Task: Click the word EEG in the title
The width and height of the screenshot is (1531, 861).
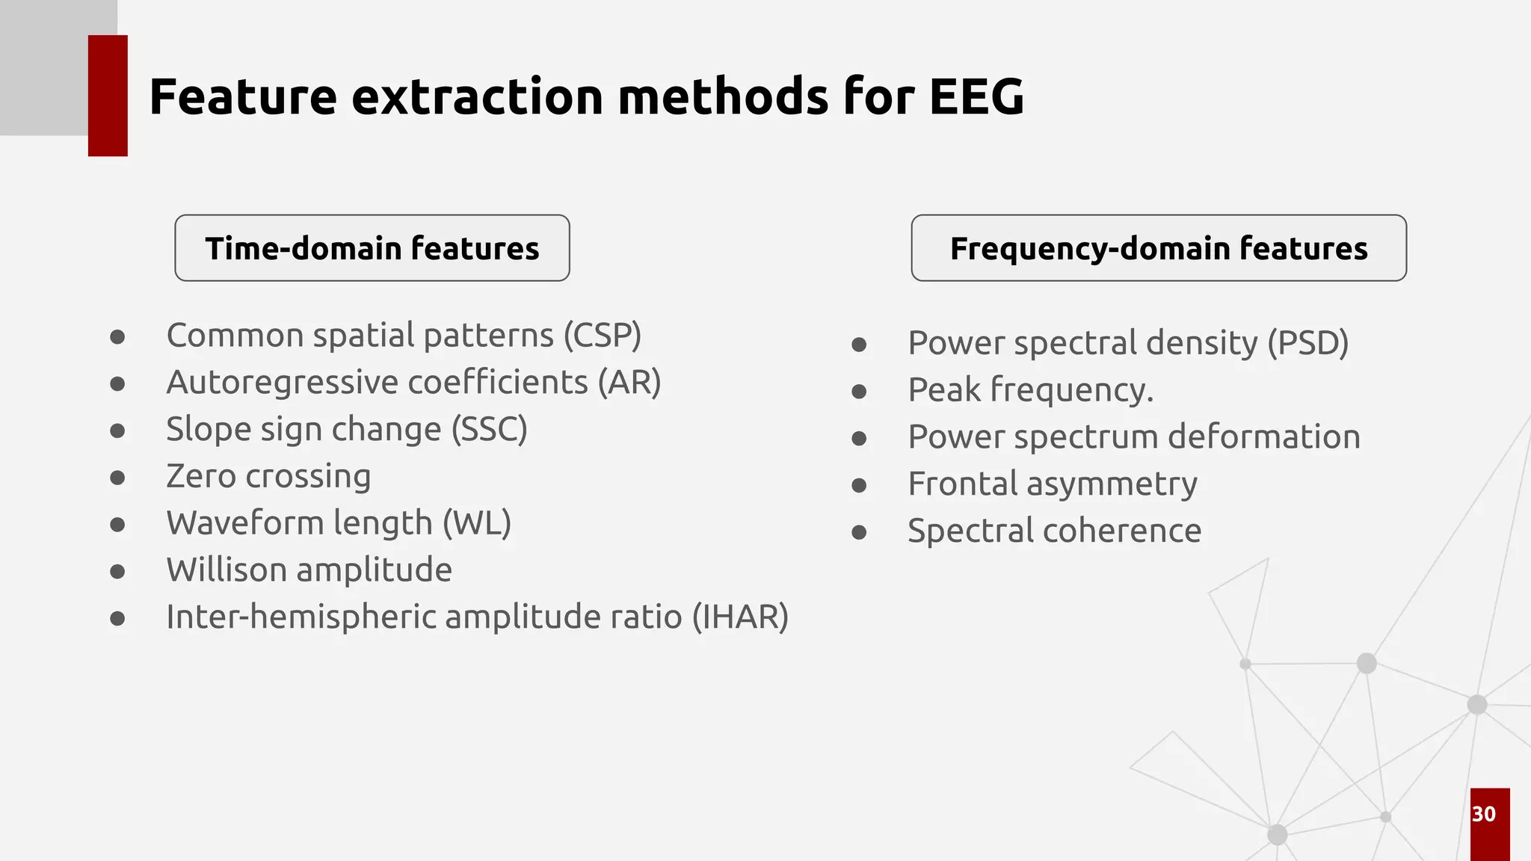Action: pyautogui.click(x=976, y=97)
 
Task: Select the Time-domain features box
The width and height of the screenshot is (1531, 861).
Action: pyautogui.click(x=372, y=248)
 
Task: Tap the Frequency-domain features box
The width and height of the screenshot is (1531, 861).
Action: pyautogui.click(x=1158, y=248)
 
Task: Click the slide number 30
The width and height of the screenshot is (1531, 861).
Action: pyautogui.click(x=1483, y=814)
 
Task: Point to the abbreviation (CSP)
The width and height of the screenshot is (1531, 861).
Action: pyautogui.click(x=602, y=336)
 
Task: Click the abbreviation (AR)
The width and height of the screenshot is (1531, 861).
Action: pyautogui.click(x=629, y=383)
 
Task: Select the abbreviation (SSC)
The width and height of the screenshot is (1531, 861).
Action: pyautogui.click(x=490, y=430)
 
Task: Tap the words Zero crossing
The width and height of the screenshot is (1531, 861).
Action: pyautogui.click(x=268, y=477)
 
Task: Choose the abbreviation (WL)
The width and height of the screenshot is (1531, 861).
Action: pyautogui.click(x=477, y=523)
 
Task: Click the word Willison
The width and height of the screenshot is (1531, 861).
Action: pyautogui.click(x=225, y=570)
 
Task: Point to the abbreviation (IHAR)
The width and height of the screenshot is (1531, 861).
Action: pyautogui.click(x=740, y=617)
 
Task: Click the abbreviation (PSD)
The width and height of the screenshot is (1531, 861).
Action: pyautogui.click(x=1307, y=343)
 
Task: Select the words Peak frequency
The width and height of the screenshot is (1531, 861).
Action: pyautogui.click(x=1030, y=390)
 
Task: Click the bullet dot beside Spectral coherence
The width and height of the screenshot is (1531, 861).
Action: pyautogui.click(x=859, y=533)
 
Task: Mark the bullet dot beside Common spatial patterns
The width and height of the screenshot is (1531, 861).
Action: pyautogui.click(x=117, y=337)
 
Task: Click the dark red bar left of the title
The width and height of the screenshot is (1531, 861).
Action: pyautogui.click(x=108, y=96)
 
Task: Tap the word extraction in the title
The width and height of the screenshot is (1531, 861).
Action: pyautogui.click(x=477, y=97)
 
